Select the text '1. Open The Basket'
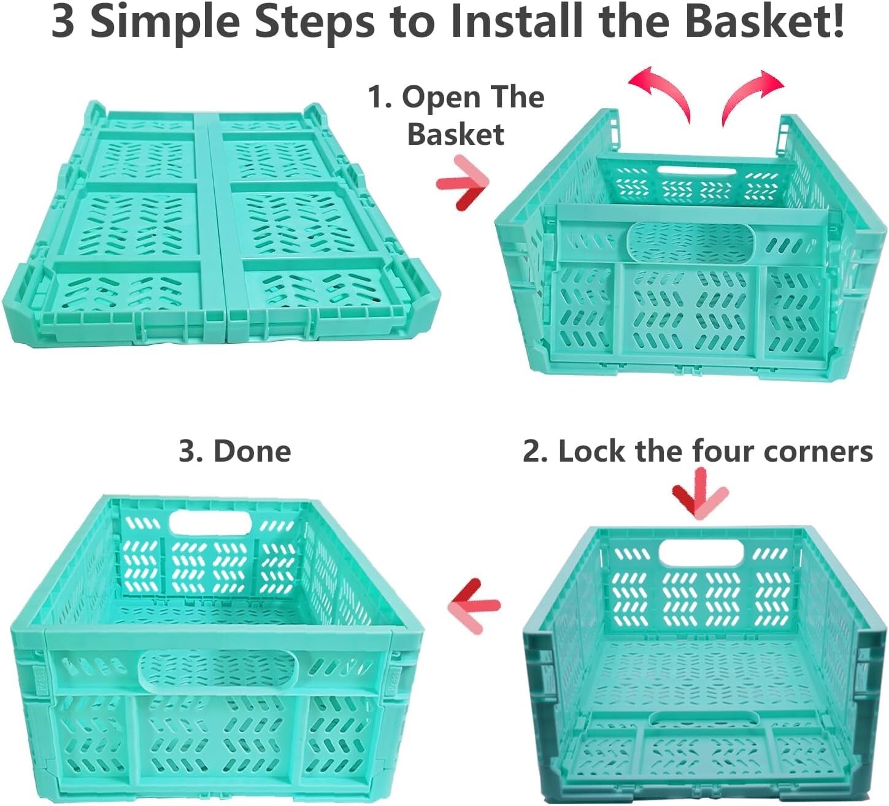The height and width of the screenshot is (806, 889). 456,115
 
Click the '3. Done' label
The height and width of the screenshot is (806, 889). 234,451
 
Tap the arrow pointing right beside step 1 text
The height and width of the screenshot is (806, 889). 463,183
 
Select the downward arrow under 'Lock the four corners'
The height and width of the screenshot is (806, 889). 699,494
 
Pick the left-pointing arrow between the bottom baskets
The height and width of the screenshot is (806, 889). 474,605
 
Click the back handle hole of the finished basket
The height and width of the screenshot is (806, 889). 210,523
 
